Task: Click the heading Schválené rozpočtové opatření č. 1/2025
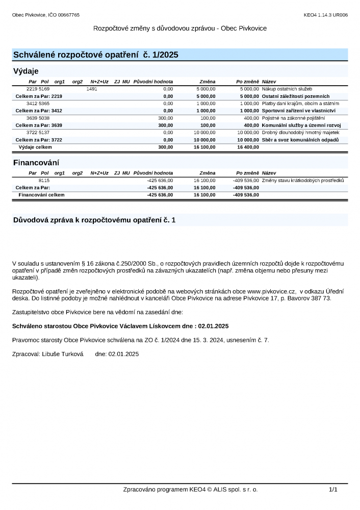tap(95, 55)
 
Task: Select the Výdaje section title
tap(25, 71)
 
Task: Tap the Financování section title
tap(36, 163)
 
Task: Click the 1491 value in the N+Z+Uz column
tap(92, 89)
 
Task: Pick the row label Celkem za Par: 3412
tap(39, 110)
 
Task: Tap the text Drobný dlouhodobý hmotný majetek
tap(300, 133)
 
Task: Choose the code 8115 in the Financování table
tap(44, 181)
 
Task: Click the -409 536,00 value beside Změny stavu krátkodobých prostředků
tap(246, 181)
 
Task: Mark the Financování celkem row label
tap(41, 195)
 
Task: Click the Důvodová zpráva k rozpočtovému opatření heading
tap(94, 220)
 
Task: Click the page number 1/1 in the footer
tap(333, 489)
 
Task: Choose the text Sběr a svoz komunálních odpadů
tap(300, 140)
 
